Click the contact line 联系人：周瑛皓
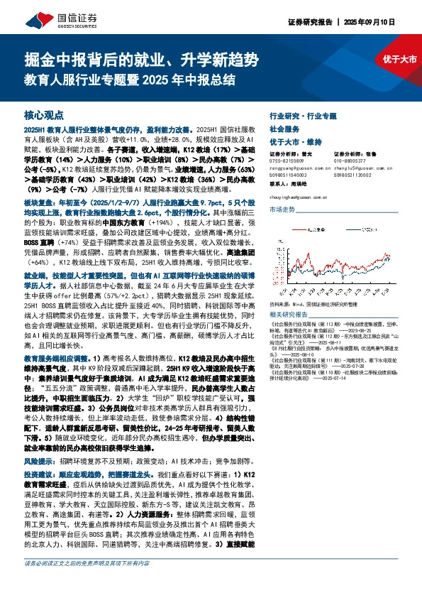(x=293, y=183)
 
